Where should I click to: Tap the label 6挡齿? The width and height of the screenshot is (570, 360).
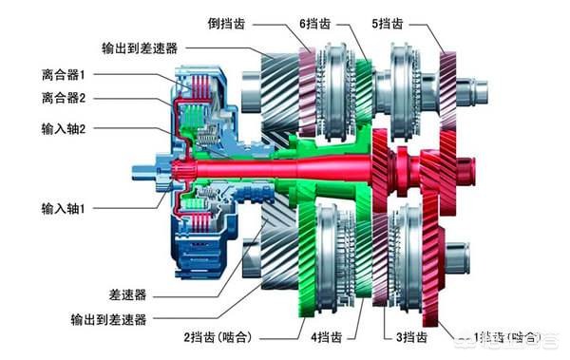click(314, 20)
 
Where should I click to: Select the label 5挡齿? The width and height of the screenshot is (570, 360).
click(388, 20)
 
